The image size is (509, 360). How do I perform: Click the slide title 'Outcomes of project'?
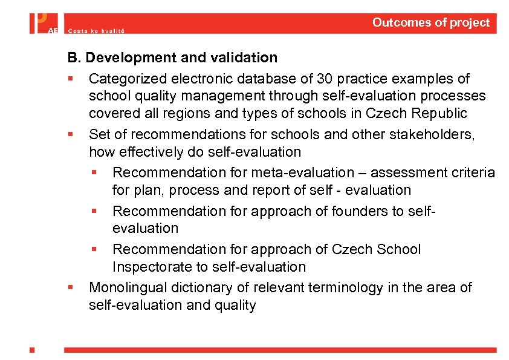point(430,23)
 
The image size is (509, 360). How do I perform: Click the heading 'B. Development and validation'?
point(172,57)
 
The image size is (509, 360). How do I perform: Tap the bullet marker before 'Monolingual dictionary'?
point(71,288)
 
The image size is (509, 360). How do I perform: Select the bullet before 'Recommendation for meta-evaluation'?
point(94,173)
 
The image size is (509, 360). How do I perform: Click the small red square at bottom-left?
point(32,349)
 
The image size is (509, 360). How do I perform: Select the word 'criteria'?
point(473,172)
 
